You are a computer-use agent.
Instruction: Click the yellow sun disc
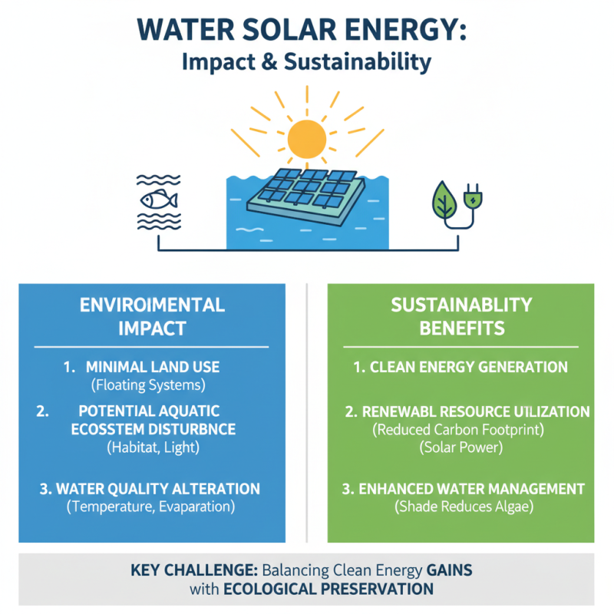[307, 140]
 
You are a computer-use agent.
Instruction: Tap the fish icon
[159, 200]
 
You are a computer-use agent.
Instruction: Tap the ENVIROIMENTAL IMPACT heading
[152, 316]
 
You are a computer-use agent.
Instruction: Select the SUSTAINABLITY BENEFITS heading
[460, 316]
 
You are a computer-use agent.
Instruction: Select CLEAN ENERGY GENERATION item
[460, 367]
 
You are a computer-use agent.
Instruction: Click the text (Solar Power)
[460, 448]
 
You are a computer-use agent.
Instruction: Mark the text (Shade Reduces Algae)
[460, 507]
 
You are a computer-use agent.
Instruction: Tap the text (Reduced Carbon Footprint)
[460, 430]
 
